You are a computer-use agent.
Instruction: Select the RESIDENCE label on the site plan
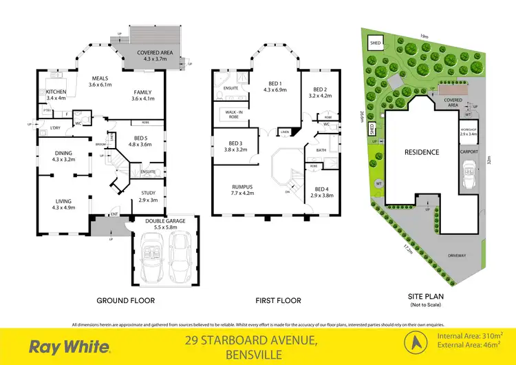coord(422,152)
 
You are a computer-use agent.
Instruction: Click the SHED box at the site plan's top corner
coord(376,43)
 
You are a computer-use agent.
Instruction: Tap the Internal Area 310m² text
coord(469,335)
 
